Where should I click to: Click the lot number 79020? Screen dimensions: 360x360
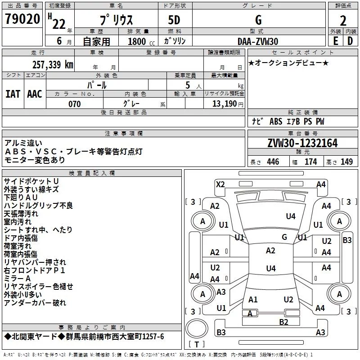pos(22,19)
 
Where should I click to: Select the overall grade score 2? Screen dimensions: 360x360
pos(343,21)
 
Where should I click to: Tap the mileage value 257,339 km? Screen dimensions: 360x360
pos(53,64)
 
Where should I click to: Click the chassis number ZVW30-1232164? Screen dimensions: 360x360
pos(302,143)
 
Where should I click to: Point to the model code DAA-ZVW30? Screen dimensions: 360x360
pos(258,41)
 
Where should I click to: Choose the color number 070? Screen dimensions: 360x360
pos(75,104)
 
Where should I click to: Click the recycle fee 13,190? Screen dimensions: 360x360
pos(224,104)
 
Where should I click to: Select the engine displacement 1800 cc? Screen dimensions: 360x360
pos(141,41)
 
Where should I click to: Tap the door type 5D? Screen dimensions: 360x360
pos(174,20)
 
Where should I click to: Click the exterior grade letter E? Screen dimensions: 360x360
pos(336,41)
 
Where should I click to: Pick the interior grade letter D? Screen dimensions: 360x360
pos(350,41)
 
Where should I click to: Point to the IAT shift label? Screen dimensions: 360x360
pos(13,94)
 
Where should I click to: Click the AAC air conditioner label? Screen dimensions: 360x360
pos(35,94)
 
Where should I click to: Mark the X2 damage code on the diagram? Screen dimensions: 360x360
pos(220,184)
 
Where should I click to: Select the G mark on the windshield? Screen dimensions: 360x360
pos(284,237)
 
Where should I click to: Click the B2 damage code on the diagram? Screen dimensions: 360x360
pos(284,322)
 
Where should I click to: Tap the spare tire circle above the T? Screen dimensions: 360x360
pos(197,328)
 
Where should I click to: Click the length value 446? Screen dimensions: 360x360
pos(273,162)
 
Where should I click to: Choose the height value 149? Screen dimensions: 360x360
pos(346,162)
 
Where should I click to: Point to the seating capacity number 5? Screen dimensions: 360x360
pos(188,85)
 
